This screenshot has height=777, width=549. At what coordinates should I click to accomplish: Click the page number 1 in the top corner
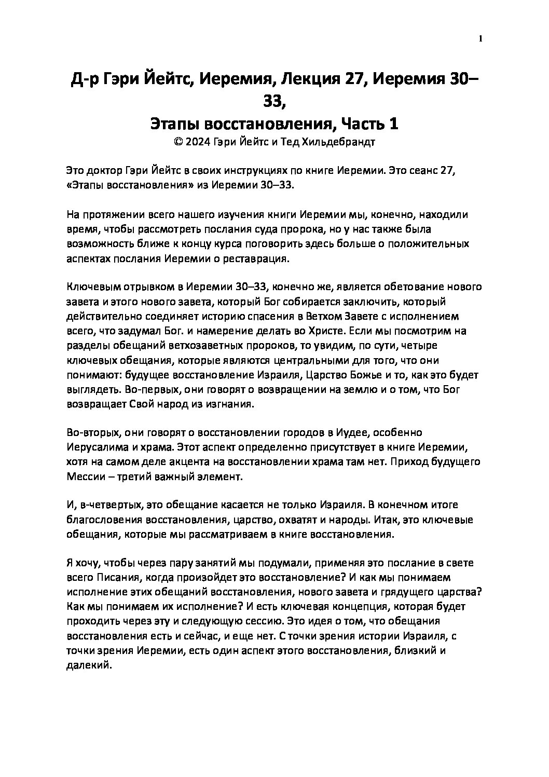(x=480, y=39)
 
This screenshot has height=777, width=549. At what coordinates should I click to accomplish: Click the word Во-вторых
(x=91, y=432)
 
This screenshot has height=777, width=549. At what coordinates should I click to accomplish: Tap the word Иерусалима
(x=94, y=447)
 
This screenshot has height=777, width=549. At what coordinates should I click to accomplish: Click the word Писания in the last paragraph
(x=115, y=578)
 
